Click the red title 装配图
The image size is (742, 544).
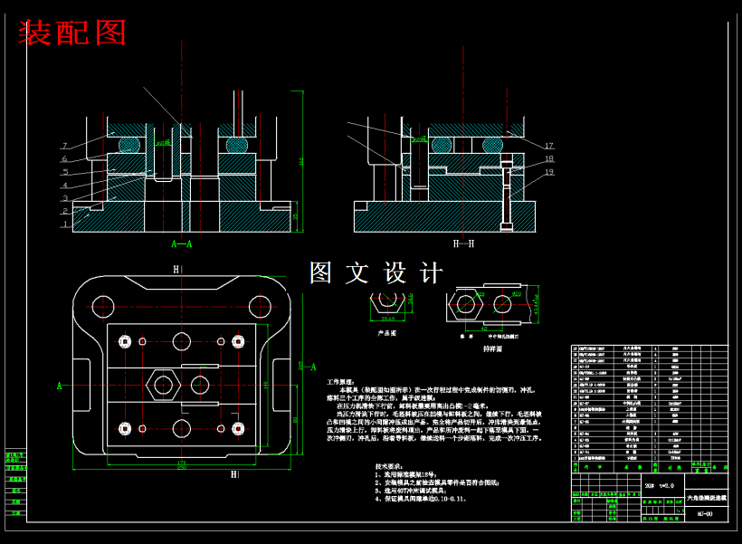(72, 33)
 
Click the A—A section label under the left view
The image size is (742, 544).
(181, 243)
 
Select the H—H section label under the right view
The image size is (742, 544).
(463, 243)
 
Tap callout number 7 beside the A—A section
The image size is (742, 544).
(65, 146)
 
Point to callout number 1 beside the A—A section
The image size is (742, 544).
(65, 224)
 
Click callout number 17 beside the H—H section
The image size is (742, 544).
(548, 146)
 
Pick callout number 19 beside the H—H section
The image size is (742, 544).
(548, 172)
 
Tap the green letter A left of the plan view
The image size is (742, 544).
(60, 386)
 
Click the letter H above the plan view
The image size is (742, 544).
(176, 269)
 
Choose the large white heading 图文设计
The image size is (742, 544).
(376, 272)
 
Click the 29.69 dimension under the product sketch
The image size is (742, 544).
(387, 319)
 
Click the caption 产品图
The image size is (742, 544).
(387, 332)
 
